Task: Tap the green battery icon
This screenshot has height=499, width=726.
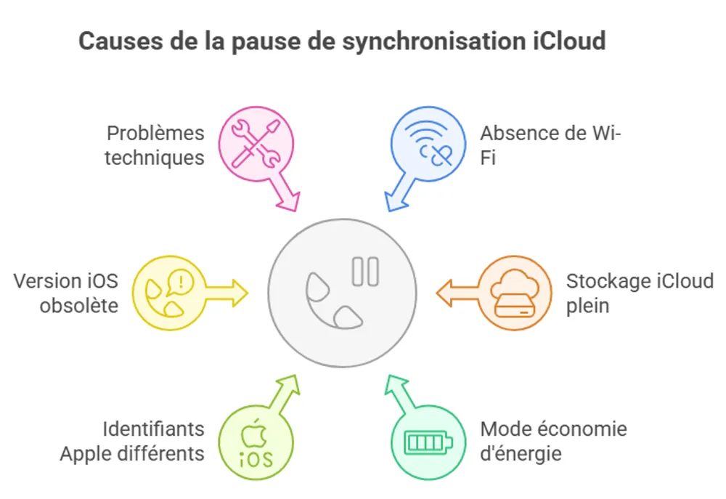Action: coord(427,442)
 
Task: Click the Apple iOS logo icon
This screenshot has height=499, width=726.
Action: coord(256,442)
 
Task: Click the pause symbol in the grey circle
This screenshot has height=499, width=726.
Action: coord(364,271)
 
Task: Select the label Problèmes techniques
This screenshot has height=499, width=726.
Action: coord(155,145)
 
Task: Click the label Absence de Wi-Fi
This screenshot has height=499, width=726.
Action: coord(551,145)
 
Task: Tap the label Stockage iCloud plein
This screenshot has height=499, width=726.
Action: coord(639,293)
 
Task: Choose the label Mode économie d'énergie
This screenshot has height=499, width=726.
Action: coord(553,441)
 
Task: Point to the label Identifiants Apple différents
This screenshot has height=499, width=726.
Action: coord(132,441)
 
